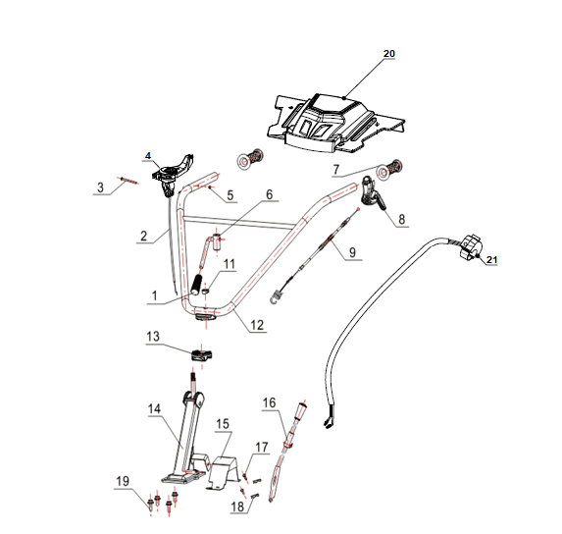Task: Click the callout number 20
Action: coord(388,53)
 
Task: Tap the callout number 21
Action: coord(491,260)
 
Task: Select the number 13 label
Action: coord(153,337)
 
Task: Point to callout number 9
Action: coord(352,251)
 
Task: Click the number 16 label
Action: coord(269,402)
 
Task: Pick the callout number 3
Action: coord(100,187)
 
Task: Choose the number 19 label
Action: coord(123,481)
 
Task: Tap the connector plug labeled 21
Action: coord(470,247)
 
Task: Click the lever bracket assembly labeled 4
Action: coord(172,174)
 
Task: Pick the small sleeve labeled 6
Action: coord(218,241)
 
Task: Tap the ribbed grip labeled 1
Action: coord(196,285)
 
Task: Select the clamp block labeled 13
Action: coord(201,355)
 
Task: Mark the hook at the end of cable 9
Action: coord(276,297)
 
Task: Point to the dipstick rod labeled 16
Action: coord(286,452)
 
